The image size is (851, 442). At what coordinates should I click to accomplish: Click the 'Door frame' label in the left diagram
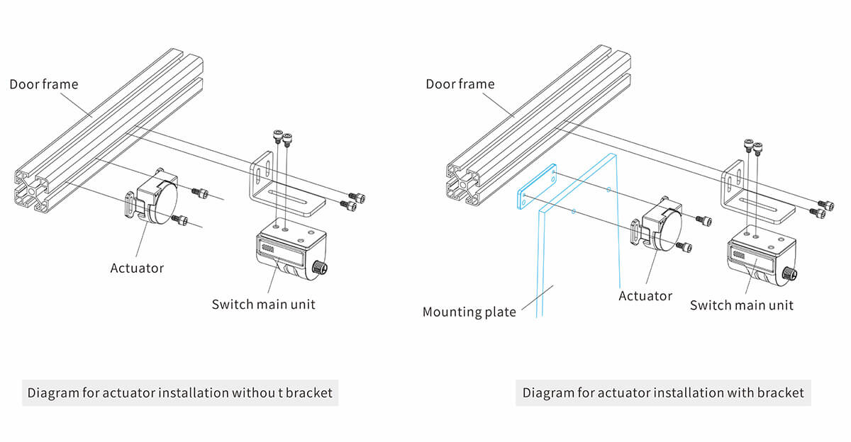[x=44, y=84]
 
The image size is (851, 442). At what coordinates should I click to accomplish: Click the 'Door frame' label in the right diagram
[x=460, y=84]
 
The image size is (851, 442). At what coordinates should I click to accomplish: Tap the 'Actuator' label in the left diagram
[x=137, y=268]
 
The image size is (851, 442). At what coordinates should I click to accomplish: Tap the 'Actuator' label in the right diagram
[x=645, y=295]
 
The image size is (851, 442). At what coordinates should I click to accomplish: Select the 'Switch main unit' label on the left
[x=263, y=304]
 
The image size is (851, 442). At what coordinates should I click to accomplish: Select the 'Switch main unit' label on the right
[x=741, y=305]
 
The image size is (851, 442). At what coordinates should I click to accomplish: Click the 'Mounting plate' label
[x=469, y=312]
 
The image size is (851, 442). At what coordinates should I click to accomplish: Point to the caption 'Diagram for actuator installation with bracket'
[x=663, y=392]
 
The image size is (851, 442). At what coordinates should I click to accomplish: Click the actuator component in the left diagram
[x=156, y=198]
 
